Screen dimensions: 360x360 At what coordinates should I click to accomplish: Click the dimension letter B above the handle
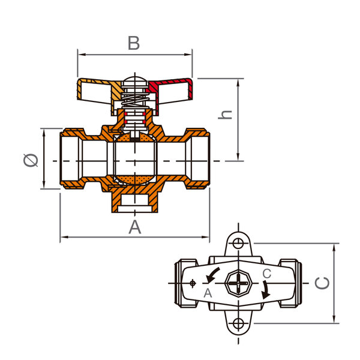click(x=134, y=43)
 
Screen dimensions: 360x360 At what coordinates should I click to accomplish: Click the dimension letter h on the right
click(x=225, y=115)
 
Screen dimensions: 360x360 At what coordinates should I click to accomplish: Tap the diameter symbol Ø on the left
click(x=31, y=160)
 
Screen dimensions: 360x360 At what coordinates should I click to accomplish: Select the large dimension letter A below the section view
click(x=135, y=227)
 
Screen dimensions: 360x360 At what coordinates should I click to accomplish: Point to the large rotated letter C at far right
click(x=322, y=283)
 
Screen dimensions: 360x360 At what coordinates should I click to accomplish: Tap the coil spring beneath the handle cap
click(x=135, y=100)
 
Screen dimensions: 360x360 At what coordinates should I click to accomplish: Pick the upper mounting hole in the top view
click(x=238, y=243)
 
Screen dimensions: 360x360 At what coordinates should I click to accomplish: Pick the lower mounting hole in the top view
click(x=238, y=324)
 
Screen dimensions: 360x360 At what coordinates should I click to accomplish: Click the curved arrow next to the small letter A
click(x=212, y=274)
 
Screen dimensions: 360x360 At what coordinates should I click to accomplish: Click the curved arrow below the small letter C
click(x=266, y=290)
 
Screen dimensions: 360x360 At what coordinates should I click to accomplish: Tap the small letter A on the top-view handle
click(x=208, y=293)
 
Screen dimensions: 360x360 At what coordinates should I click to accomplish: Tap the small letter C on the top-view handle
click(x=267, y=274)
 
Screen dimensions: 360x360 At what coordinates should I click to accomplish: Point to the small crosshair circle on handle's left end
click(x=193, y=283)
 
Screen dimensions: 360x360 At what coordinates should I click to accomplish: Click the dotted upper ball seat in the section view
click(x=135, y=138)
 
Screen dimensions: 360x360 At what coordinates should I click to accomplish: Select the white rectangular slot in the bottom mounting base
click(x=135, y=209)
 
